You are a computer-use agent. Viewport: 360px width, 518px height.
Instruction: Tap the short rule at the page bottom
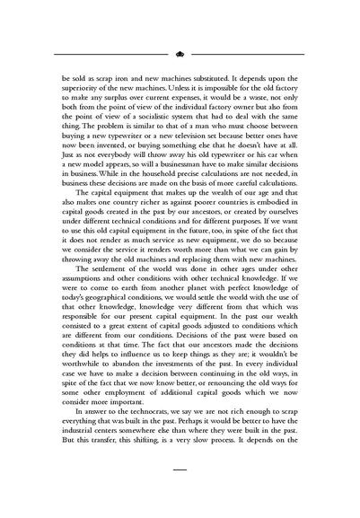pos(180,468)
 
